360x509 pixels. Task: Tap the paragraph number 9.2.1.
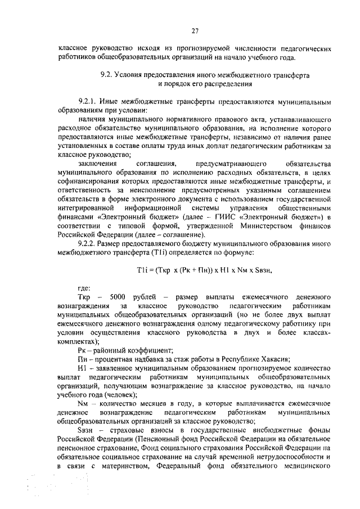(90, 102)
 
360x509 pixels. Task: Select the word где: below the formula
(85, 287)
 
